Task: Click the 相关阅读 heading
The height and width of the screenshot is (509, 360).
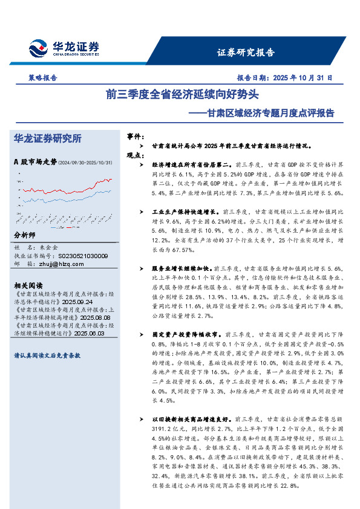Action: [28, 285]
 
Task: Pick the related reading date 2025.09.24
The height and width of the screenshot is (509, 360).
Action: [77, 301]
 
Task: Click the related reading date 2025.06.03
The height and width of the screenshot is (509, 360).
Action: [89, 333]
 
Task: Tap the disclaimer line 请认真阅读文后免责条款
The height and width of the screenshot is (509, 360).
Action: [47, 356]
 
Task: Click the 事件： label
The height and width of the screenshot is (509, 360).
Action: [136, 137]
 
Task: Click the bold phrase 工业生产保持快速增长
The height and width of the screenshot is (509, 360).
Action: [186, 212]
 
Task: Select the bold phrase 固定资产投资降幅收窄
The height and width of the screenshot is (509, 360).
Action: [186, 334]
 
